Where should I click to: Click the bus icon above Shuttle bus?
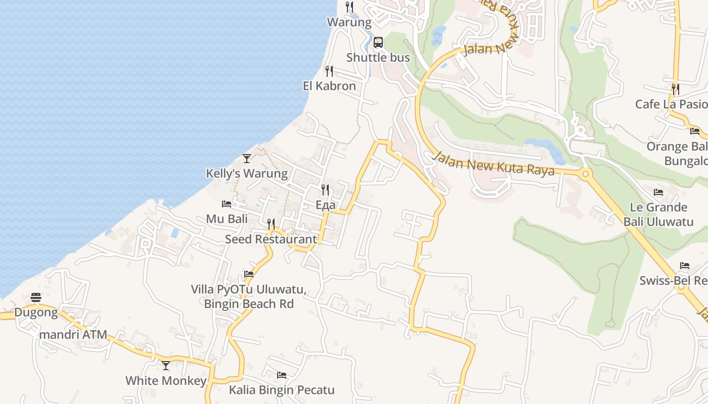[378, 42]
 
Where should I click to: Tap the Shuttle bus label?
[378, 58]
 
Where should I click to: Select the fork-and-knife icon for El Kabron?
[329, 71]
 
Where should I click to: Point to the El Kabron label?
[329, 86]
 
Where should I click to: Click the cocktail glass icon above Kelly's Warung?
[246, 159]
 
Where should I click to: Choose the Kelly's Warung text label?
[246, 174]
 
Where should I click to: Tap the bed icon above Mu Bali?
[227, 204]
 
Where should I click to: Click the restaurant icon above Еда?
[325, 190]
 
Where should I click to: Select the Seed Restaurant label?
[271, 239]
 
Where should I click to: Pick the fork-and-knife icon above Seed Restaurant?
[271, 224]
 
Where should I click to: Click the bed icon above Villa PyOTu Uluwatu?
[248, 274]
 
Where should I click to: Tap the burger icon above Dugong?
[35, 297]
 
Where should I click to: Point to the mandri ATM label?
[73, 334]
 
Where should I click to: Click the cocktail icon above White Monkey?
[166, 365]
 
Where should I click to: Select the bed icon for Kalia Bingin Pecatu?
[282, 375]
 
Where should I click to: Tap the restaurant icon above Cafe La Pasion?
[675, 89]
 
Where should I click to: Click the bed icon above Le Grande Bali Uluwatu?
[658, 192]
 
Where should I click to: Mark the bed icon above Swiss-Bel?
[684, 265]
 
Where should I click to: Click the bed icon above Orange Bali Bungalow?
[694, 131]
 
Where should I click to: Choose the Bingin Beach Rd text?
[249, 304]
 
